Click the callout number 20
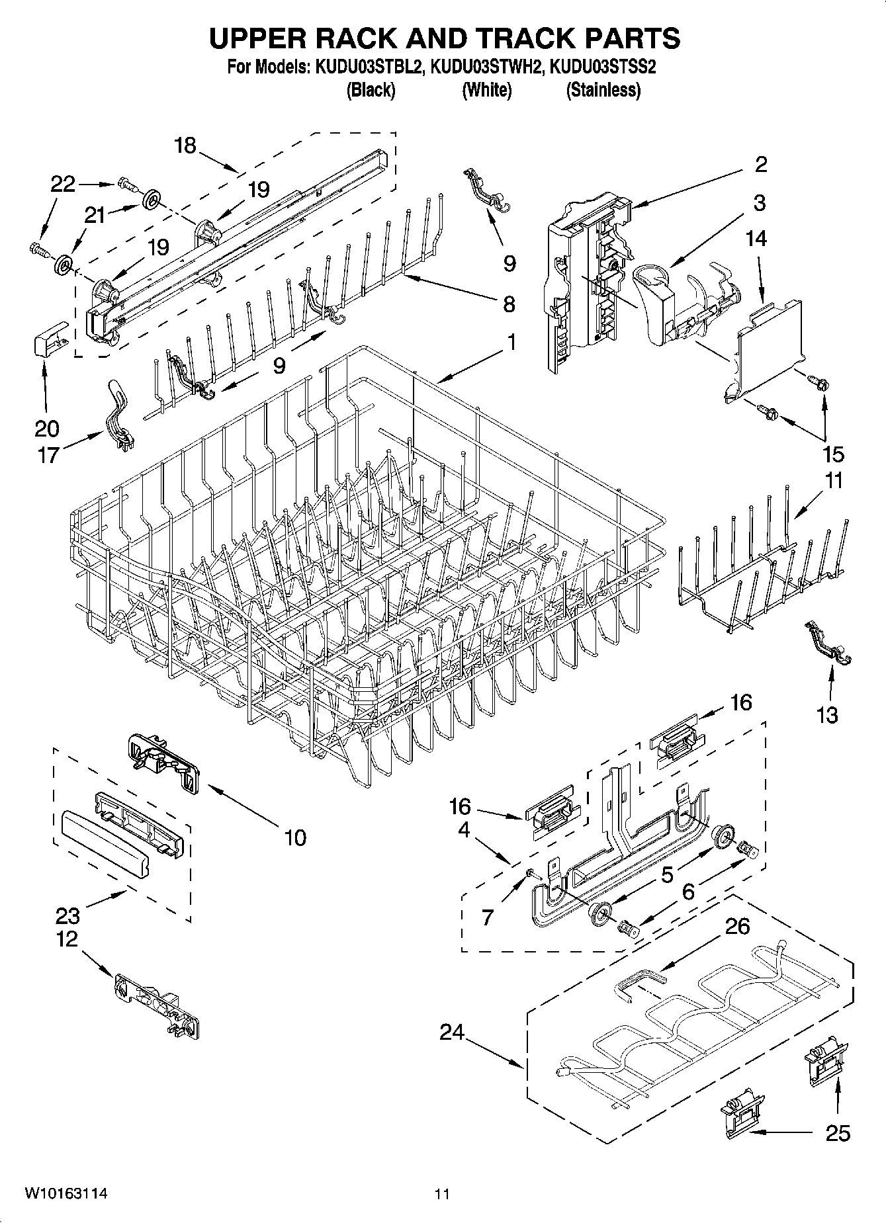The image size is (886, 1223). [46, 428]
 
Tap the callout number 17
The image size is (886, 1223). [48, 455]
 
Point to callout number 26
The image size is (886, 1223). [737, 926]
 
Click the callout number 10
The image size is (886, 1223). [295, 837]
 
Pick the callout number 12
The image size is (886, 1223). [67, 939]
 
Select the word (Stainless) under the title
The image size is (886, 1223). [603, 90]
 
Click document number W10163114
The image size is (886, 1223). [66, 1193]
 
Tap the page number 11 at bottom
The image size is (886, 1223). [442, 1194]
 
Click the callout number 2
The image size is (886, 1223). [761, 164]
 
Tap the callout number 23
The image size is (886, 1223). [67, 915]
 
